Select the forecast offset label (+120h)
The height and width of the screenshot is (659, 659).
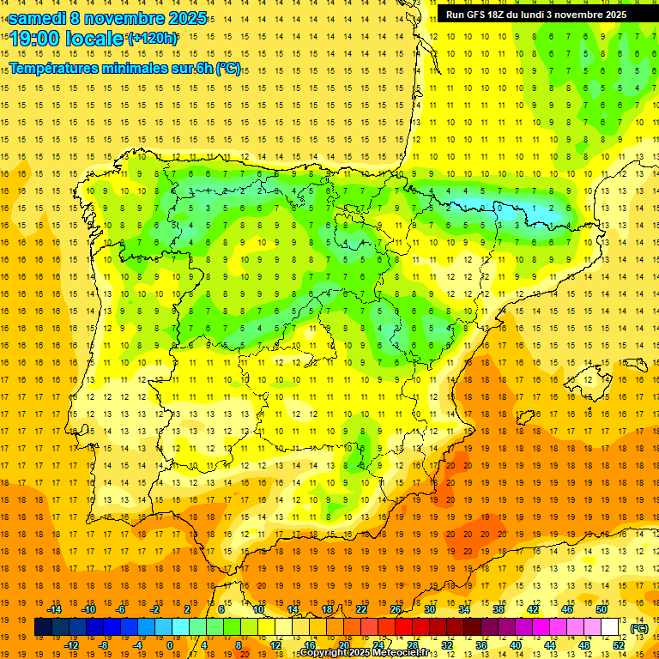tap(153, 39)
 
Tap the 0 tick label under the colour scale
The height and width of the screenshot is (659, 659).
tap(169, 644)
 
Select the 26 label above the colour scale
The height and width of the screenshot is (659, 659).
tap(396, 609)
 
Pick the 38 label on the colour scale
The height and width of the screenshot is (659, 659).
tap(499, 609)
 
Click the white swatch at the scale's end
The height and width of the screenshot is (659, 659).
tap(609, 627)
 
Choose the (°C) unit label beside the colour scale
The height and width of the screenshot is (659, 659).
tap(639, 627)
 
